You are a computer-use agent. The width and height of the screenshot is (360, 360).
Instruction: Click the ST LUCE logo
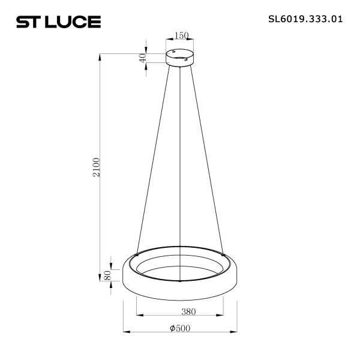pos(58,22)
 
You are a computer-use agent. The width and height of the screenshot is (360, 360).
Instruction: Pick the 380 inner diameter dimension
pos(180,311)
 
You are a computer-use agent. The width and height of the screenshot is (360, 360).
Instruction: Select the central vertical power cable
pos(181,168)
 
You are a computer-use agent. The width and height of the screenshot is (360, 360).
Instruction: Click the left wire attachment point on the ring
pos(137,254)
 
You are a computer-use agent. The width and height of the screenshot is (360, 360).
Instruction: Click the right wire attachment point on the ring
pos(224,254)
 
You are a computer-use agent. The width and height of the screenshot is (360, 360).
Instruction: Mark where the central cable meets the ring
pos(181,280)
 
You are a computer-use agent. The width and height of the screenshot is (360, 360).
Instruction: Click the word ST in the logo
pos(28,22)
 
